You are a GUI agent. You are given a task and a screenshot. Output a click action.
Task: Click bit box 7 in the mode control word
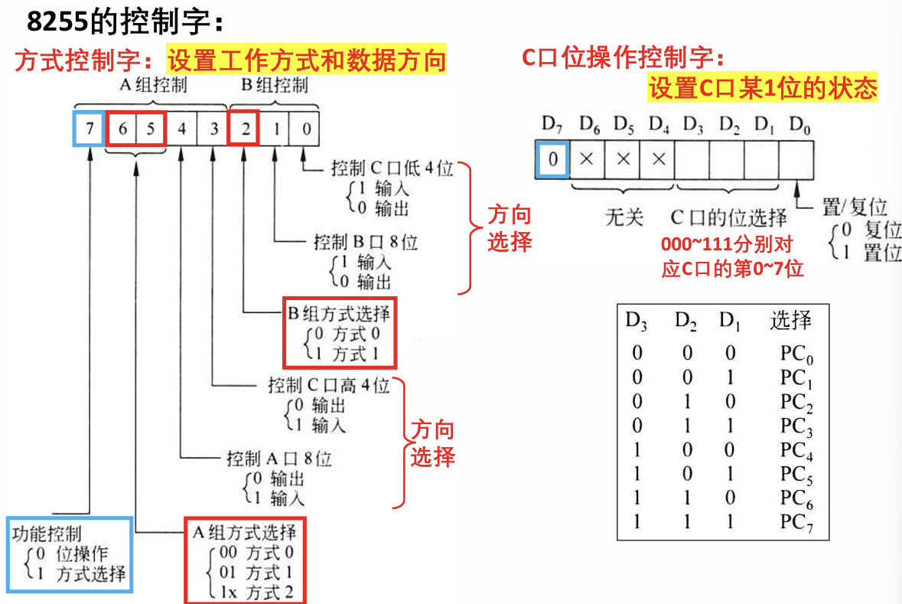click(x=90, y=128)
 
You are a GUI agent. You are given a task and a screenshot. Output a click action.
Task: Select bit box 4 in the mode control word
click(x=181, y=128)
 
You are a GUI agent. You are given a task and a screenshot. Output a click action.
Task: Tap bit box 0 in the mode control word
click(x=305, y=128)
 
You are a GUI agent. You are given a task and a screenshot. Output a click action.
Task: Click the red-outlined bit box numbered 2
click(x=244, y=128)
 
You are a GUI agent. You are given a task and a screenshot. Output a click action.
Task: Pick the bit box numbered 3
click(x=213, y=128)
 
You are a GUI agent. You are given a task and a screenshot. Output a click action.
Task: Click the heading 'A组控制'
click(x=152, y=85)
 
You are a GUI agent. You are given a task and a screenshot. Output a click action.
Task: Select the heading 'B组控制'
click(x=275, y=85)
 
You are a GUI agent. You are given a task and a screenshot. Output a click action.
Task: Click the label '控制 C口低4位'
click(x=392, y=168)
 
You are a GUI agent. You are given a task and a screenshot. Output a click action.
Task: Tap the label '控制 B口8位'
click(x=366, y=243)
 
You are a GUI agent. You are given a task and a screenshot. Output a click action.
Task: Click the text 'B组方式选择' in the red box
click(x=338, y=313)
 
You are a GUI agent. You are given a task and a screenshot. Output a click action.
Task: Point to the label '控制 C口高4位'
click(x=328, y=384)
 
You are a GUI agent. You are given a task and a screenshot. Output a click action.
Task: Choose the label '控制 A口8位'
click(x=279, y=459)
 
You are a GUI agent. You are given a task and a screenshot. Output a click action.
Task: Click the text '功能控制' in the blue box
click(x=46, y=532)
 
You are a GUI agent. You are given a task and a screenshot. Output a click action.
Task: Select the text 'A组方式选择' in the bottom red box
click(x=244, y=532)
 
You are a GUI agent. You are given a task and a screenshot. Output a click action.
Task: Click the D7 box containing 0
click(x=552, y=159)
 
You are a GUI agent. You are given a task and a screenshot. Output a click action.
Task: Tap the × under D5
click(x=622, y=159)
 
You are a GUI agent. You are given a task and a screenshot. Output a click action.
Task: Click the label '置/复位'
click(x=855, y=206)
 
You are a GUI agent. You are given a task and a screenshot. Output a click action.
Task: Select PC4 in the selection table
click(x=796, y=449)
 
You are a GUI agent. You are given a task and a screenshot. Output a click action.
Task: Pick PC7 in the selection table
click(x=796, y=523)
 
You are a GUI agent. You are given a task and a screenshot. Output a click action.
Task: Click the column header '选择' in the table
click(x=790, y=321)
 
